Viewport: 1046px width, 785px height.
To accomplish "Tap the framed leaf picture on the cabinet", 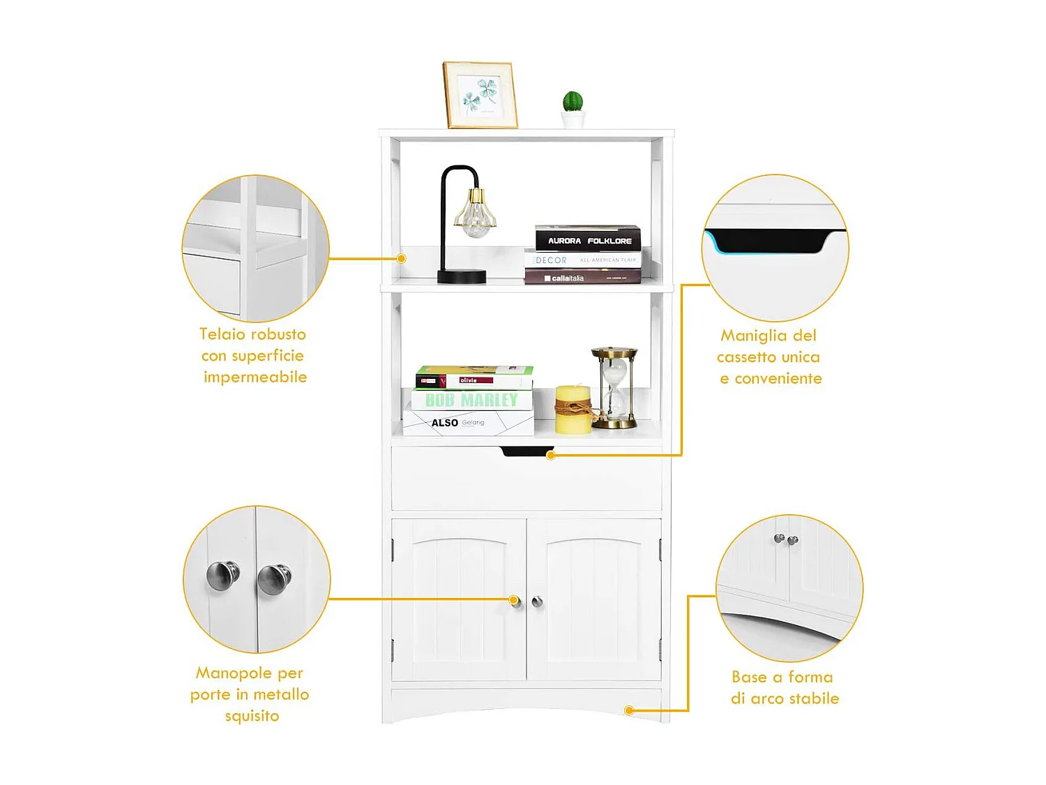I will coord(480,95).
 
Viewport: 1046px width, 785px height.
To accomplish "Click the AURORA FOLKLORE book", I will coord(588,239).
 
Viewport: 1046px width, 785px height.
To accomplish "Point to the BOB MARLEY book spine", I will coord(471,400).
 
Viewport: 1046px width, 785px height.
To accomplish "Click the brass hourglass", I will coord(614,387).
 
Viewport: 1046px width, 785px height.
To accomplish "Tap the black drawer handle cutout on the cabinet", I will coord(527,451).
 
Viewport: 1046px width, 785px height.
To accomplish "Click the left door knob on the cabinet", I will coord(515,601).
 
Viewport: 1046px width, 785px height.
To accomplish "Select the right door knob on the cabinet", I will coord(538,601).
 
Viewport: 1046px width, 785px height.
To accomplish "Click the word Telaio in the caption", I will coord(223,334).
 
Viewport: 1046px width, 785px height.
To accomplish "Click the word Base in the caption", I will coord(749,677).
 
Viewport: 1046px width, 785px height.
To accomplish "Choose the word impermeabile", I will coord(255,377).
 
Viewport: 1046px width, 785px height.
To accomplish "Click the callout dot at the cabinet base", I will coord(629,710).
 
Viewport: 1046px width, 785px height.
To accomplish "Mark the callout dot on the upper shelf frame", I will coord(402,258).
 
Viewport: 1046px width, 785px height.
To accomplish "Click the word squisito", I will coord(252,716).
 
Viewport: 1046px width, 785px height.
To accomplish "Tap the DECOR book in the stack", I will coord(582,260).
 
